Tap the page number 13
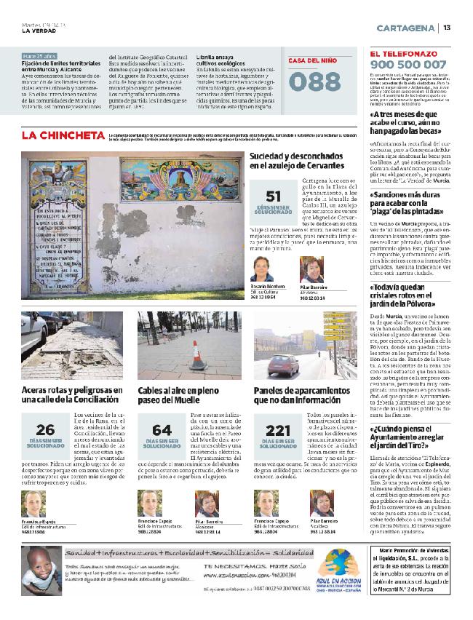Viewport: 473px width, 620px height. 448,28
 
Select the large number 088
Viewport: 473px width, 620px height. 314,82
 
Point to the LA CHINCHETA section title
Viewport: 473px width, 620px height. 63,135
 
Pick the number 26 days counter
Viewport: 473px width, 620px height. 45,429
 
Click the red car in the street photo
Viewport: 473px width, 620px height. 284,364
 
